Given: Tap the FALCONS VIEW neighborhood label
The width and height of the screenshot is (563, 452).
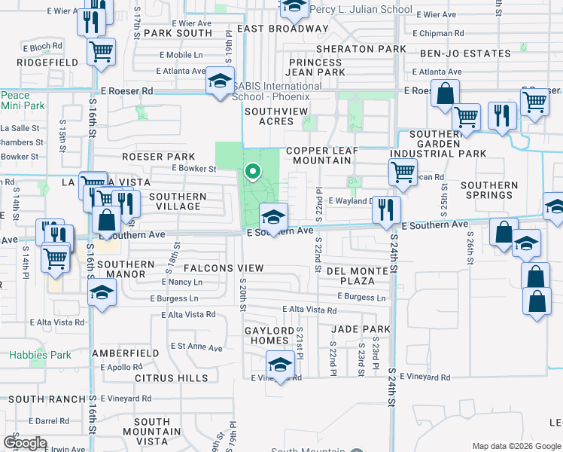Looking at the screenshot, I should click(x=219, y=268).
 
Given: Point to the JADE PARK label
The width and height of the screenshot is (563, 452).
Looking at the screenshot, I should click(x=361, y=329).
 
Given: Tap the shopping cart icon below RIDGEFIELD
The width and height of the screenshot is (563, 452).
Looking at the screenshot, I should click(x=100, y=51).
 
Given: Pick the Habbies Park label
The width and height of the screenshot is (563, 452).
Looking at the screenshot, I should click(x=40, y=355).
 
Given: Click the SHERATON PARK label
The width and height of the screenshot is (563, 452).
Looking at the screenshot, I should click(x=361, y=49).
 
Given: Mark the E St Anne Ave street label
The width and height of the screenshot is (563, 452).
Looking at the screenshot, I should click(x=196, y=348).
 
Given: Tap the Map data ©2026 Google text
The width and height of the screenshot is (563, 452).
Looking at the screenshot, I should click(x=516, y=446).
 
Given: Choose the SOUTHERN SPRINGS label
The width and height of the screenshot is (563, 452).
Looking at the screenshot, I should click(x=489, y=190).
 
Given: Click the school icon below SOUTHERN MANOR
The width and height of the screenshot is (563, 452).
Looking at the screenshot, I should click(x=101, y=295).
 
